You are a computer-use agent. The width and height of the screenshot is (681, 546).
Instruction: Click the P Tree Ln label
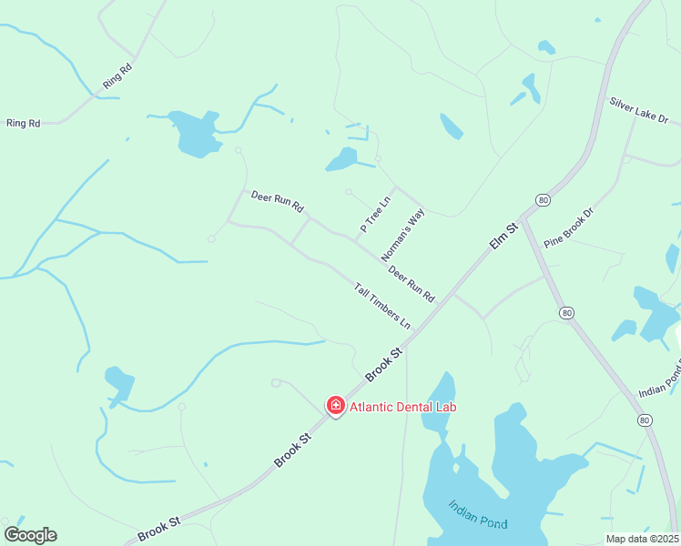tap(375, 215)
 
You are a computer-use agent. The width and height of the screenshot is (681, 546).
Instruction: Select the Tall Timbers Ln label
tap(382, 306)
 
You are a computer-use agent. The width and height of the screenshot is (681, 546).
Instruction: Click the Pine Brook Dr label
tap(568, 228)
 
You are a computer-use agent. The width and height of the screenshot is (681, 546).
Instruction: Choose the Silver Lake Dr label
tap(639, 112)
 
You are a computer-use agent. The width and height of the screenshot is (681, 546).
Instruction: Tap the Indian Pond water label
tap(478, 515)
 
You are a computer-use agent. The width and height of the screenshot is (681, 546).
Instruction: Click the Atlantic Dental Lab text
tap(401, 407)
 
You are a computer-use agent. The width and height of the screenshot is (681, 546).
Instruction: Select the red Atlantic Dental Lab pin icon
tap(336, 405)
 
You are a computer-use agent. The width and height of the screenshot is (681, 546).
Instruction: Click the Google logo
tap(30, 535)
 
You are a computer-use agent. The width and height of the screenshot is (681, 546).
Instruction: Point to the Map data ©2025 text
tap(641, 539)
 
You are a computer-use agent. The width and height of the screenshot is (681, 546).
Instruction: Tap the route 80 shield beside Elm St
tap(544, 199)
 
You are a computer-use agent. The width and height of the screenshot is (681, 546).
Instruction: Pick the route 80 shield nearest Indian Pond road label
tap(645, 420)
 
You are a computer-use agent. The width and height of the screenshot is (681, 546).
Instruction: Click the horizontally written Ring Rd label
tap(24, 123)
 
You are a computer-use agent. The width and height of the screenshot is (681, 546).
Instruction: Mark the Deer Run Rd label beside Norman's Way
tap(412, 284)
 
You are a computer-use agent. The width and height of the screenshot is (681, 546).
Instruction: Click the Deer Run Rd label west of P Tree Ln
tap(277, 200)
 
